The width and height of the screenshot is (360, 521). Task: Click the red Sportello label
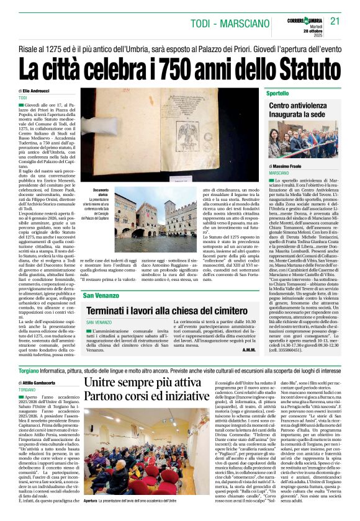(277, 93)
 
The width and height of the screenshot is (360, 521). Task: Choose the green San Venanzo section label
(101, 295)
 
